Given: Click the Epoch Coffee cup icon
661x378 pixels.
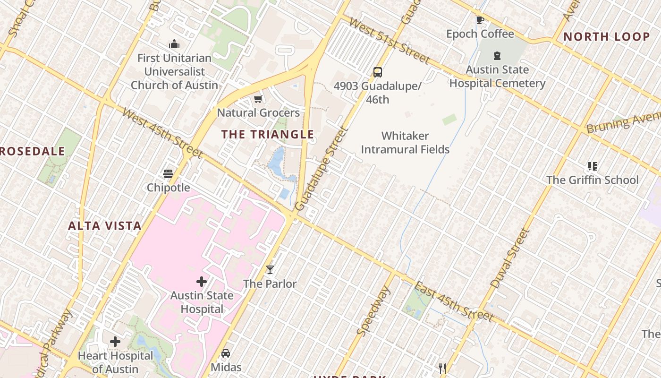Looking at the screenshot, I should tap(480, 20).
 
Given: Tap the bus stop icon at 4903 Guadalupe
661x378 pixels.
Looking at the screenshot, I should tap(377, 72).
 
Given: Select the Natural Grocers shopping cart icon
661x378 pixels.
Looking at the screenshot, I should tap(258, 99).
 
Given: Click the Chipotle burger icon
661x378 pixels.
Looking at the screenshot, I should tap(168, 173).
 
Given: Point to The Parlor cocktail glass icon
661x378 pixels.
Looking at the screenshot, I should tap(270, 270).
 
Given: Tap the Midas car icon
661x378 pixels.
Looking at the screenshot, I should tap(226, 353).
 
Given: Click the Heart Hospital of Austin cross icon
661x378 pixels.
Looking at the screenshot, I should tap(115, 342).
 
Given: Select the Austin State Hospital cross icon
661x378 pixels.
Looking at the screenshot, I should tap(202, 282).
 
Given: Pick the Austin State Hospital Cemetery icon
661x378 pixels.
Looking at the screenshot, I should tap(497, 56).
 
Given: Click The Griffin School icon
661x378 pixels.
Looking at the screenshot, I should tap(592, 166).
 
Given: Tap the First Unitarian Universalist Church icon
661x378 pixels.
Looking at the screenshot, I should tap(174, 44).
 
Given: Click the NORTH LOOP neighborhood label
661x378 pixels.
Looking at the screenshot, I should tap(606, 37).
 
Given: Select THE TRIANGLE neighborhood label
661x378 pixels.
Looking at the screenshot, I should tap(268, 134).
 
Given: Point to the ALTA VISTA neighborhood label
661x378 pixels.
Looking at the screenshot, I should tap(105, 226).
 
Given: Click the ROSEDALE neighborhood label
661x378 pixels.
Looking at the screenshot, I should tap(32, 152).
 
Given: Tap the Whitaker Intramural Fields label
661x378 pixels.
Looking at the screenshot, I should tap(405, 143).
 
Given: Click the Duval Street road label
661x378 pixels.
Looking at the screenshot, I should tap(510, 258).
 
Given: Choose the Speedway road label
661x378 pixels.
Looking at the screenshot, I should tap(373, 311).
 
